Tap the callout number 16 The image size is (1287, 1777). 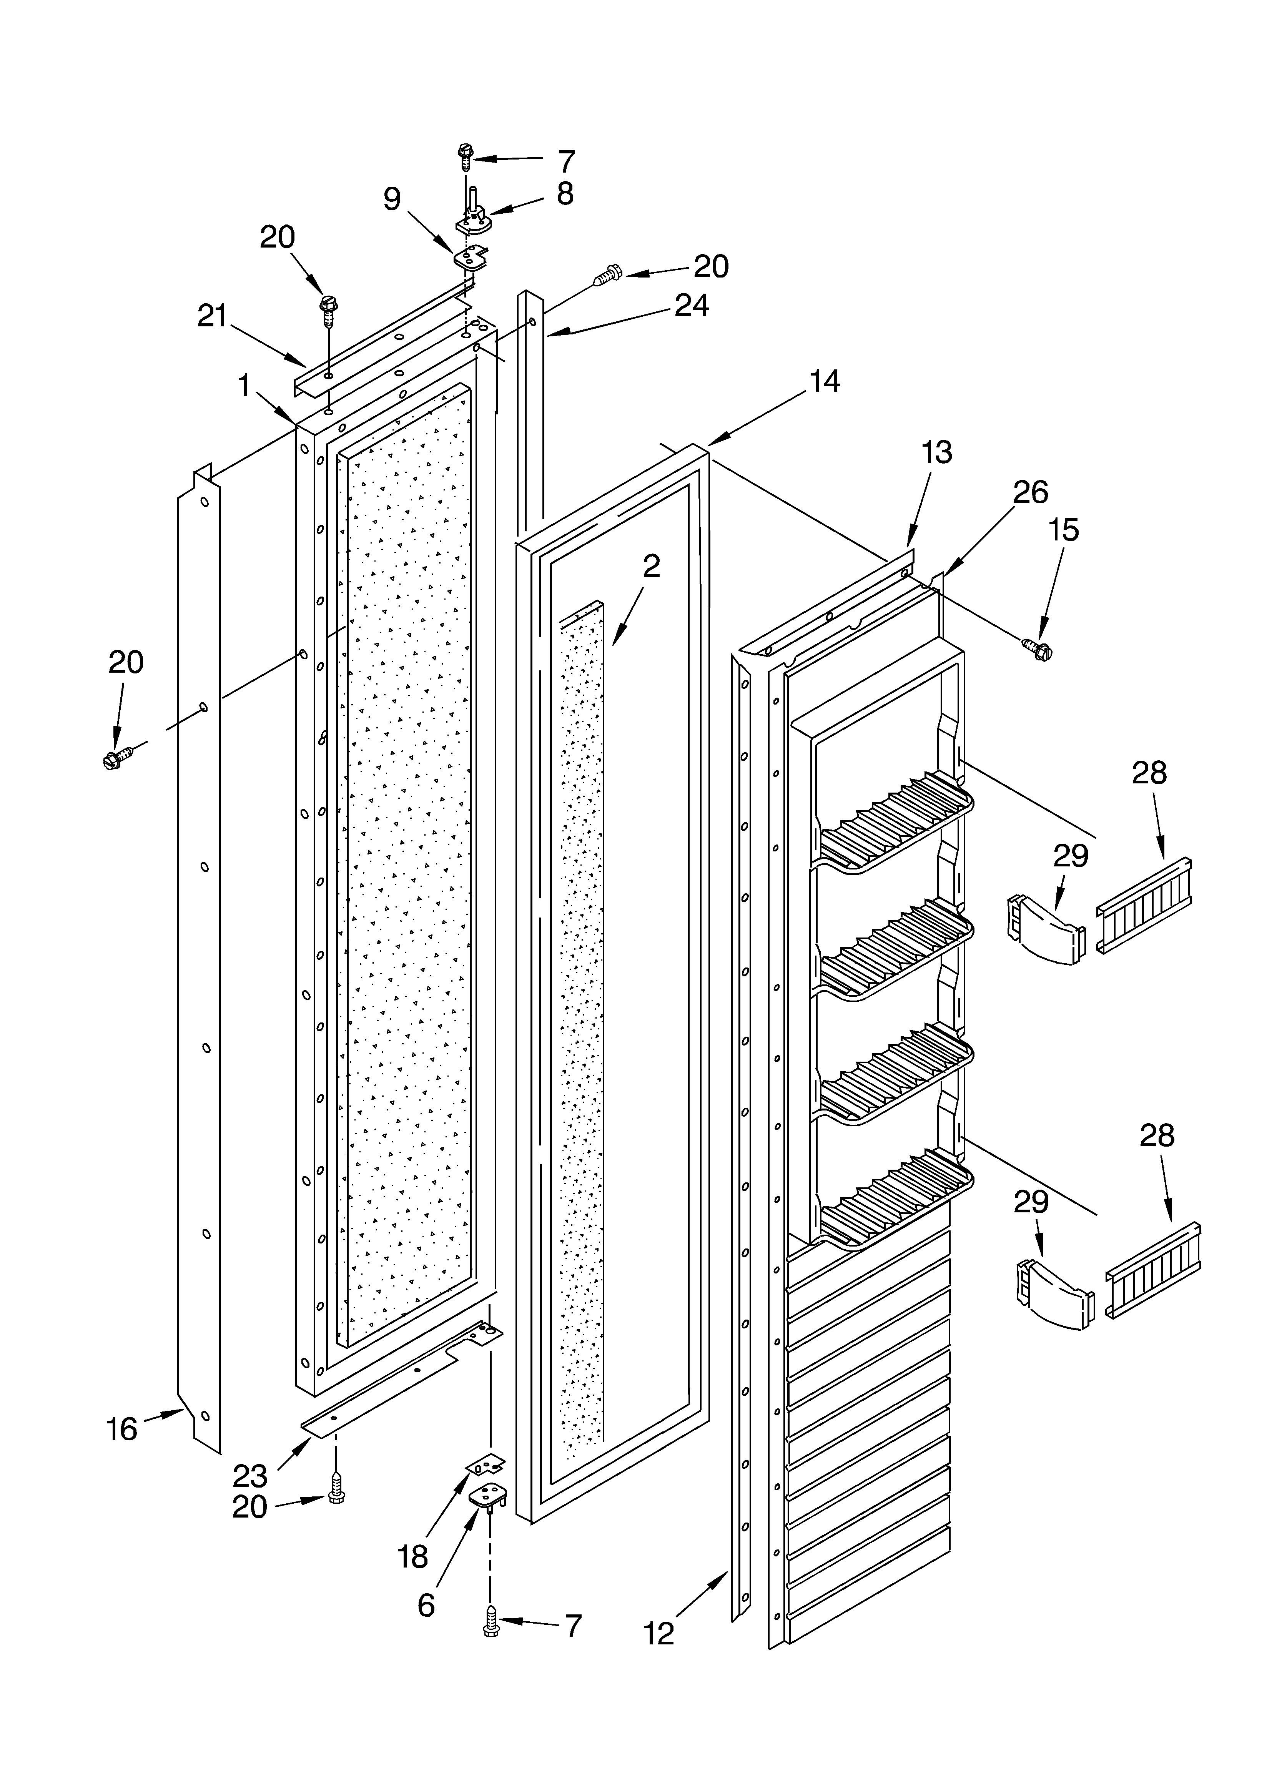coord(122,1430)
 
